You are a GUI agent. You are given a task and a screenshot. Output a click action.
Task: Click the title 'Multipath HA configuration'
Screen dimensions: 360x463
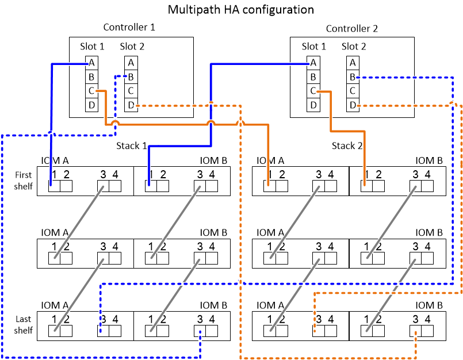[x=240, y=9]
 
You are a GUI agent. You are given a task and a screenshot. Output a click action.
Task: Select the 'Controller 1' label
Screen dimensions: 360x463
[x=129, y=27]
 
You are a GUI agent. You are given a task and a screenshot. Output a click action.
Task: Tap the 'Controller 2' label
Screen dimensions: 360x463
[x=352, y=29]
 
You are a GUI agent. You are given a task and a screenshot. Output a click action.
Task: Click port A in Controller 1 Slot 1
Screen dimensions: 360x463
[x=91, y=63]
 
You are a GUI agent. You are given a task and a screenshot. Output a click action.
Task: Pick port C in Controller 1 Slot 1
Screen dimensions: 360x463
[x=91, y=91]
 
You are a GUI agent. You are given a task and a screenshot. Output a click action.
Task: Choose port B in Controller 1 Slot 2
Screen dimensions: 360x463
[x=131, y=76]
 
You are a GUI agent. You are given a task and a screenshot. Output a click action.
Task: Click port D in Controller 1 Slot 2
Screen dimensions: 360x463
[x=131, y=105]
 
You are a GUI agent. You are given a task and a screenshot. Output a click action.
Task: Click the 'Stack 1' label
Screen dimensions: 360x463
[x=128, y=145]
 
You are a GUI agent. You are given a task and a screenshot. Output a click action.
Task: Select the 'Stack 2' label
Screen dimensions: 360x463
[x=347, y=146]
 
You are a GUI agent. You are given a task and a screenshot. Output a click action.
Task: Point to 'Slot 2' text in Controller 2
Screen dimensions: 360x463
[x=354, y=47]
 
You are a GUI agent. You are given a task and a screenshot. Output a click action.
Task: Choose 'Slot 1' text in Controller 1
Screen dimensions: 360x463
[x=93, y=47]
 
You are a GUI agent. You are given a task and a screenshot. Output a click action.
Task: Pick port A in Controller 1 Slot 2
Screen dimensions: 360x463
[x=131, y=63]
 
